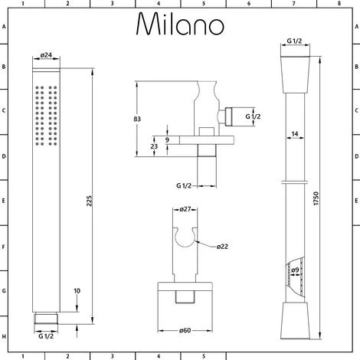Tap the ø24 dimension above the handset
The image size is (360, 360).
pos(45,55)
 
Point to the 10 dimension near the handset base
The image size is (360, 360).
pos(76,291)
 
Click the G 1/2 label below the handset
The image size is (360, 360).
pos(46,334)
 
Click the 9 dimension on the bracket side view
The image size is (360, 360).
pos(166,139)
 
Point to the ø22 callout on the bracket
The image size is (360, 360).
pos(222,245)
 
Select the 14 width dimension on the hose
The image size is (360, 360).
pos(295,135)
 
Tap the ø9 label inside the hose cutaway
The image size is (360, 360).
pos(296,269)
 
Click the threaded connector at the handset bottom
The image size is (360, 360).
pos(45,318)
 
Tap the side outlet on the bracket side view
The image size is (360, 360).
pos(224,116)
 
